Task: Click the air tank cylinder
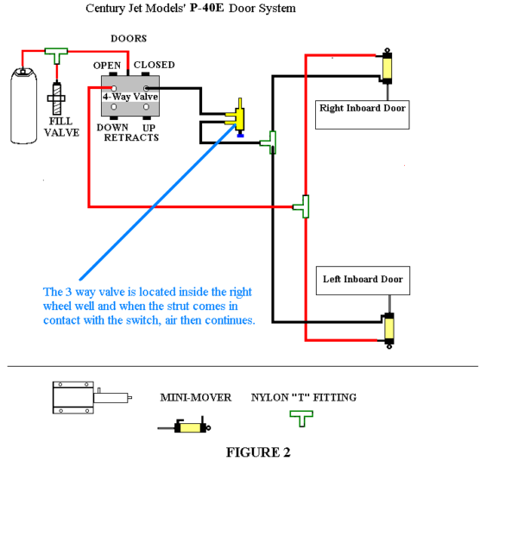(23, 106)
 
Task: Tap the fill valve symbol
(56, 98)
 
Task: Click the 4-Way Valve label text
(130, 97)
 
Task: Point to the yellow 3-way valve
(238, 117)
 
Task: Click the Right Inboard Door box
(363, 115)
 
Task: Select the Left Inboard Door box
(363, 281)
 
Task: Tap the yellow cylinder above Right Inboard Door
(387, 67)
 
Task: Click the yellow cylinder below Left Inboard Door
(389, 329)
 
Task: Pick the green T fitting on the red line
(302, 206)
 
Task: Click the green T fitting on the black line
(269, 142)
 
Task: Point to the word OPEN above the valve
(107, 66)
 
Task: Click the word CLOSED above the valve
(155, 65)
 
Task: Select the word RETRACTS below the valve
(131, 137)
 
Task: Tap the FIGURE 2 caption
(258, 452)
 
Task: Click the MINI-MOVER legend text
(196, 397)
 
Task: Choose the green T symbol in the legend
(301, 419)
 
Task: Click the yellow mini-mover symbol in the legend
(185, 426)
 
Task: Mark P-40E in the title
(207, 8)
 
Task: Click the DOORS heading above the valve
(129, 38)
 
